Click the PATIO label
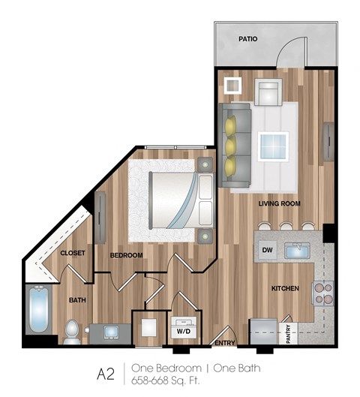click(x=249, y=38)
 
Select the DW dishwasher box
click(x=267, y=250)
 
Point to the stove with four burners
click(x=321, y=293)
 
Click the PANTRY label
click(x=289, y=333)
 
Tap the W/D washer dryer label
click(x=183, y=330)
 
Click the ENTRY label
click(x=224, y=344)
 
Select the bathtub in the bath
click(x=38, y=311)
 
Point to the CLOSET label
click(x=72, y=253)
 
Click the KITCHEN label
click(x=285, y=288)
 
